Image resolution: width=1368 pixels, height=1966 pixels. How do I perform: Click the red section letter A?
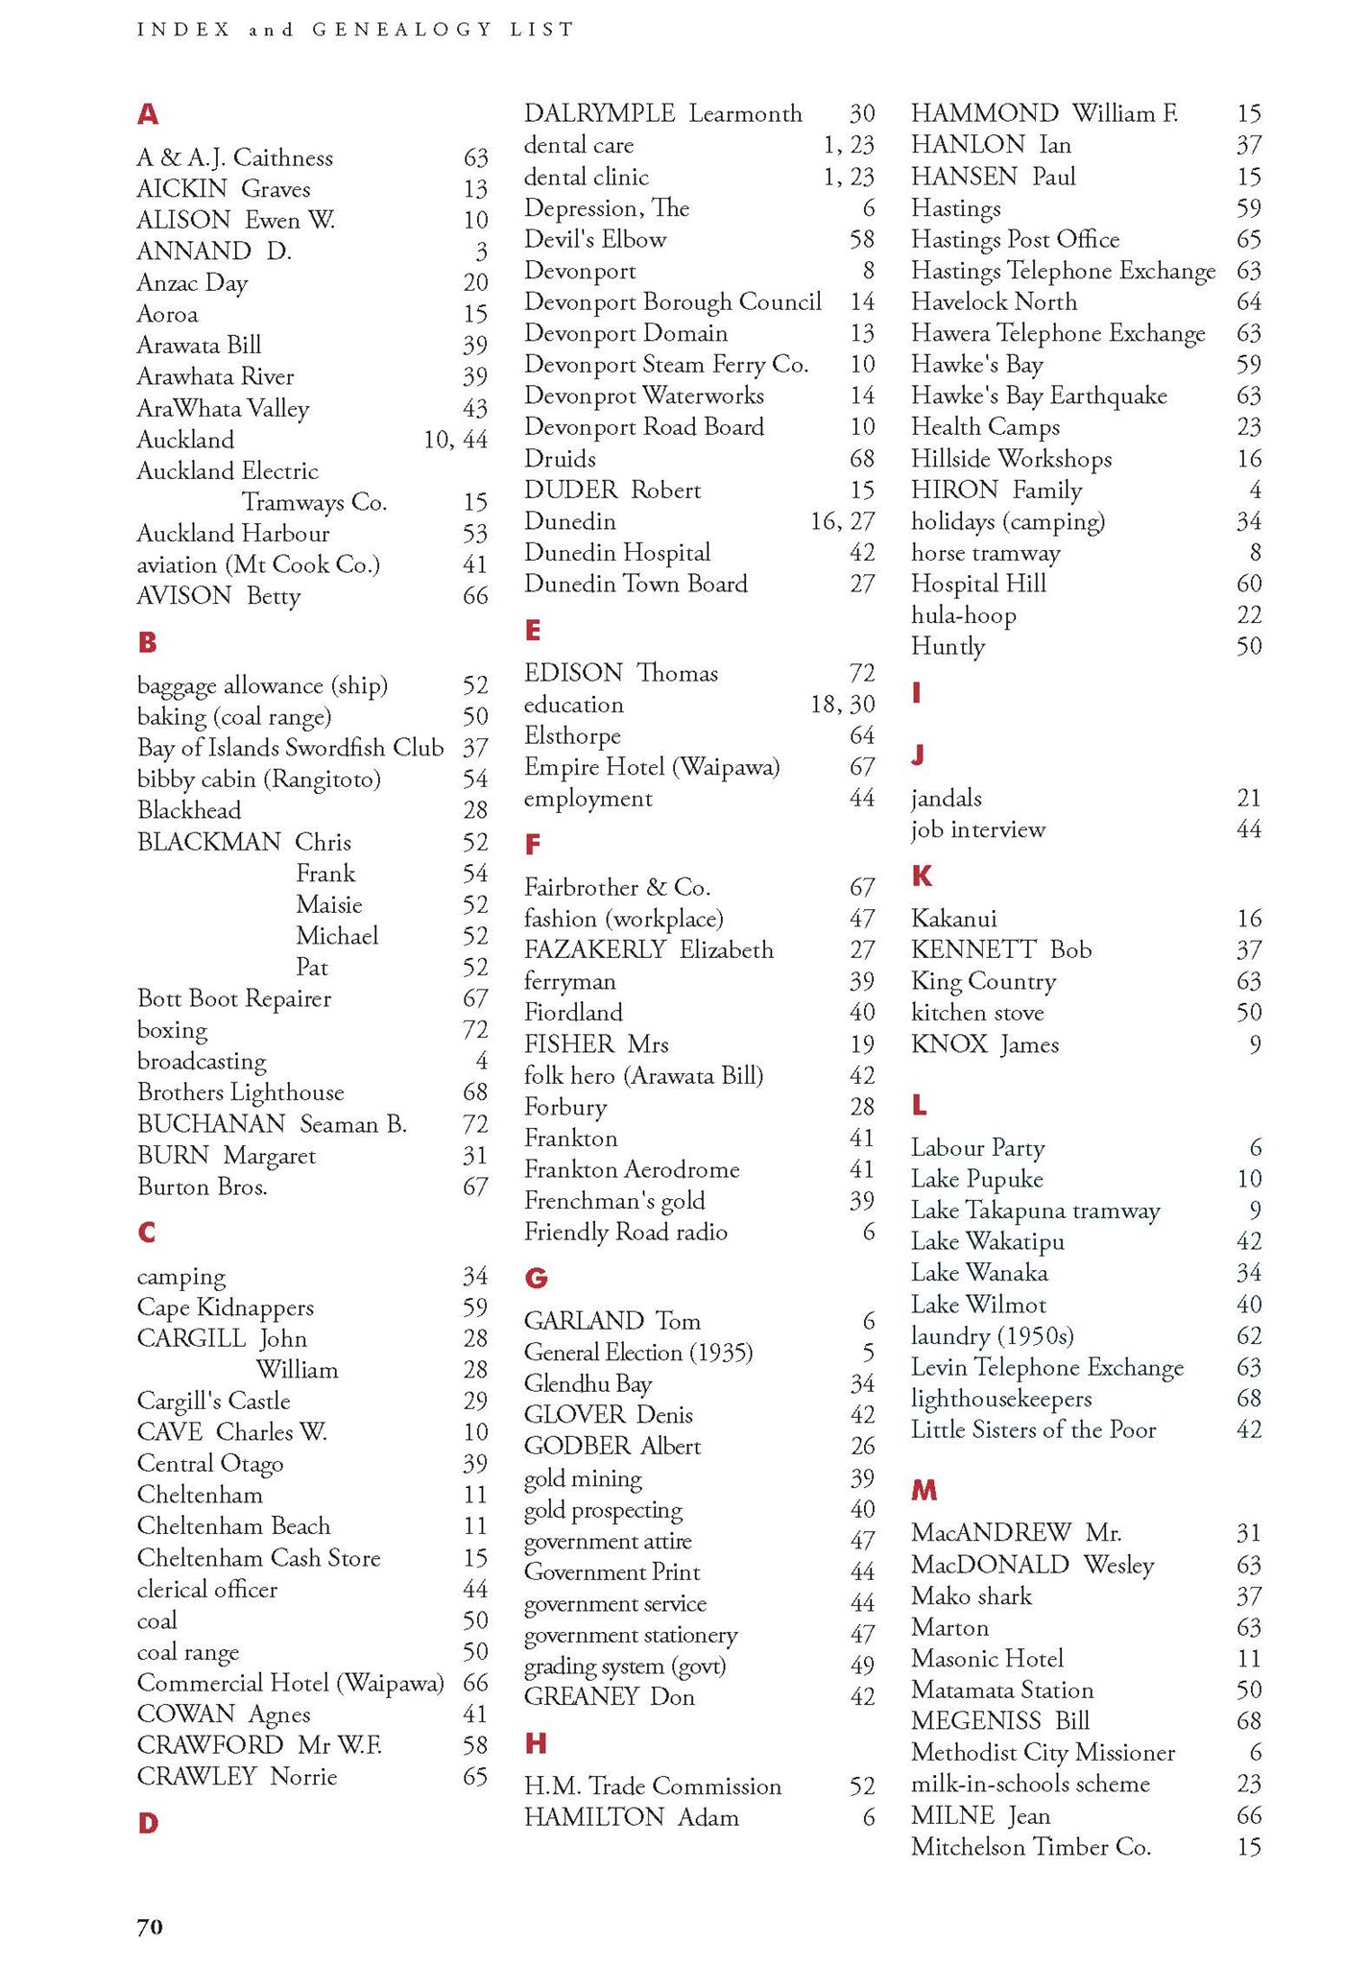click(147, 115)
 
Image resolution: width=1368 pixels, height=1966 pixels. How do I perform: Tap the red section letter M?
click(924, 1490)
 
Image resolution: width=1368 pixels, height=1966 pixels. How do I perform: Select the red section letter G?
click(536, 1278)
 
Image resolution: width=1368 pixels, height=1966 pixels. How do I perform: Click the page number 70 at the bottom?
click(150, 1926)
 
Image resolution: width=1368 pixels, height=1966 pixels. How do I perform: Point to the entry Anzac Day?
click(192, 283)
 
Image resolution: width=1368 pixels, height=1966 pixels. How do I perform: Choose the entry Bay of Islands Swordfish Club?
click(290, 748)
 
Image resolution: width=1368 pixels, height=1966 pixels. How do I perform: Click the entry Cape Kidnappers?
click(225, 1307)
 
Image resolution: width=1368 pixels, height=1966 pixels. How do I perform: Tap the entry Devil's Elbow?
click(594, 239)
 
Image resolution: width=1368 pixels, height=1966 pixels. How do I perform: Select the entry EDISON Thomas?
click(620, 673)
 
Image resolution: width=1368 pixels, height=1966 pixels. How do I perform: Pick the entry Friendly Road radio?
click(625, 1232)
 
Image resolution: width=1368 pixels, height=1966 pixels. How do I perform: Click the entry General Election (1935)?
click(637, 1353)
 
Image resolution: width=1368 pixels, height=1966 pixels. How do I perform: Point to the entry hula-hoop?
click(963, 615)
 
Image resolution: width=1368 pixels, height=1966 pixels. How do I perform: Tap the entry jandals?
click(946, 799)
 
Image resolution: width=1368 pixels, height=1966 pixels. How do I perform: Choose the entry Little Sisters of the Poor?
click(1033, 1429)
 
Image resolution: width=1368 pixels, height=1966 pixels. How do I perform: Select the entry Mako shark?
click(971, 1596)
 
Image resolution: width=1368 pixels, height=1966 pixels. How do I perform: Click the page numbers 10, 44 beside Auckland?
click(455, 440)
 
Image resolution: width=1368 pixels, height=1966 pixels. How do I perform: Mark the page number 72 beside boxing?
click(475, 1030)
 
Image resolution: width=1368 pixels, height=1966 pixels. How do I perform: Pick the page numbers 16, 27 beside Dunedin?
click(842, 521)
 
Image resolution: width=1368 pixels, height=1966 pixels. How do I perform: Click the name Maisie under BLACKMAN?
click(328, 905)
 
